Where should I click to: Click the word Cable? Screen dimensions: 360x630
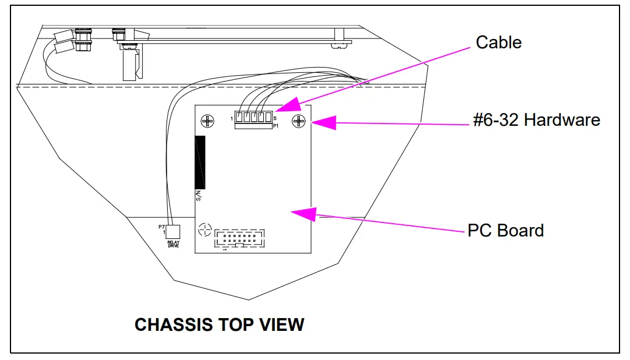[x=498, y=43]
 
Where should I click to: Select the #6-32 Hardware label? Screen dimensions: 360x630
[x=537, y=120]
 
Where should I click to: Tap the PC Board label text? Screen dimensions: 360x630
[x=505, y=230]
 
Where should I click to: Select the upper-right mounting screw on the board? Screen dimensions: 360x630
[x=299, y=121]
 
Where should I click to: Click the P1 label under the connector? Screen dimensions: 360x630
[x=276, y=125]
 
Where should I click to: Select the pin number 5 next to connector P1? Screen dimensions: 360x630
[x=275, y=118]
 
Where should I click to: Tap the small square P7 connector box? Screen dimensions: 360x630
[x=172, y=231]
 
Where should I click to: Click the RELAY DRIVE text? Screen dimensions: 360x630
[x=173, y=244]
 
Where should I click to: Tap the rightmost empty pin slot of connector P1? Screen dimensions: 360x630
[x=268, y=118]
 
